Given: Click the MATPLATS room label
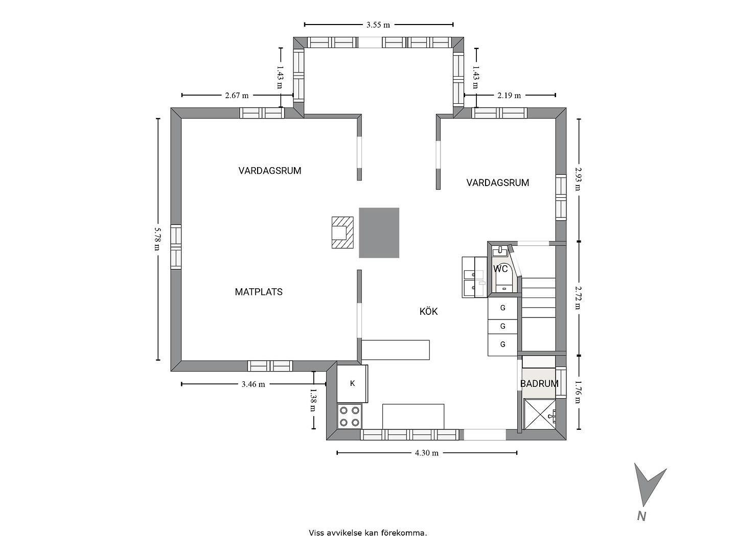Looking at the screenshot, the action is point(259,292).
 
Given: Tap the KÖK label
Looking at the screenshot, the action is point(428,311).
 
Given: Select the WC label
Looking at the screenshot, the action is point(500,269).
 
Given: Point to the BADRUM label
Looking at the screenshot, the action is point(539,384).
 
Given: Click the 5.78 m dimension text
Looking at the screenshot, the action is point(157,239).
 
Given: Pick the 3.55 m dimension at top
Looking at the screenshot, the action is point(378,25).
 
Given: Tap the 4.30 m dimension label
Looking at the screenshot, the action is point(426,453).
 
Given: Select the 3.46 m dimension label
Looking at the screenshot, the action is point(253,384).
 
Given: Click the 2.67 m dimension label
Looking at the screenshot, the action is point(237,96).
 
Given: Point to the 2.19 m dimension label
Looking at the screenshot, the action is point(509,96).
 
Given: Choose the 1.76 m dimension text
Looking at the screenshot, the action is point(578,392).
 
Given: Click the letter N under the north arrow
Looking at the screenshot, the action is point(641,516).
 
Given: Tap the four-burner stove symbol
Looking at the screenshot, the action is point(350,416).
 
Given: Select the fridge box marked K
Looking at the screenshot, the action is point(352,383).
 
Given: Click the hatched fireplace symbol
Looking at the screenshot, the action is point(342,233).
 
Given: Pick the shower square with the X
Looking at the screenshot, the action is point(540,414).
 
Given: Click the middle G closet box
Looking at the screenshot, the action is point(502,326).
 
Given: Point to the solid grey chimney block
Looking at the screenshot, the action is point(379,233).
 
